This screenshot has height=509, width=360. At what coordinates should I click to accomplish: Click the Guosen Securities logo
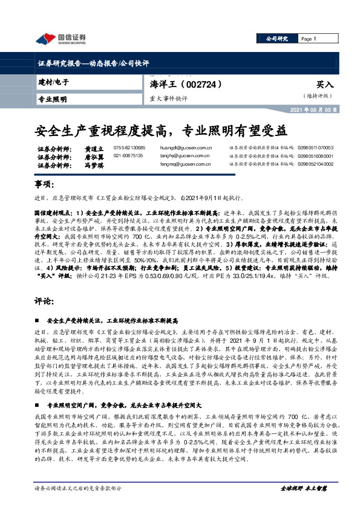(x=61, y=39)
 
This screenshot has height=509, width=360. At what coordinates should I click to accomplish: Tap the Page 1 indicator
(x=309, y=39)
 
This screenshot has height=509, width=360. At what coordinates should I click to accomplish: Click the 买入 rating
(x=325, y=85)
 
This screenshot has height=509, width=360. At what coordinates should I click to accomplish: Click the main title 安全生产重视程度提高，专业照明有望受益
(x=161, y=129)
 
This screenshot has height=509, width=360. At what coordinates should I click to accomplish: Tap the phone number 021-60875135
(x=129, y=156)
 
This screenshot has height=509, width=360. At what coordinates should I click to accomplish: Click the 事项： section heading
(x=44, y=184)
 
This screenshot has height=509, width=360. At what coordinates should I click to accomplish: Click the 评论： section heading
(x=44, y=300)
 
